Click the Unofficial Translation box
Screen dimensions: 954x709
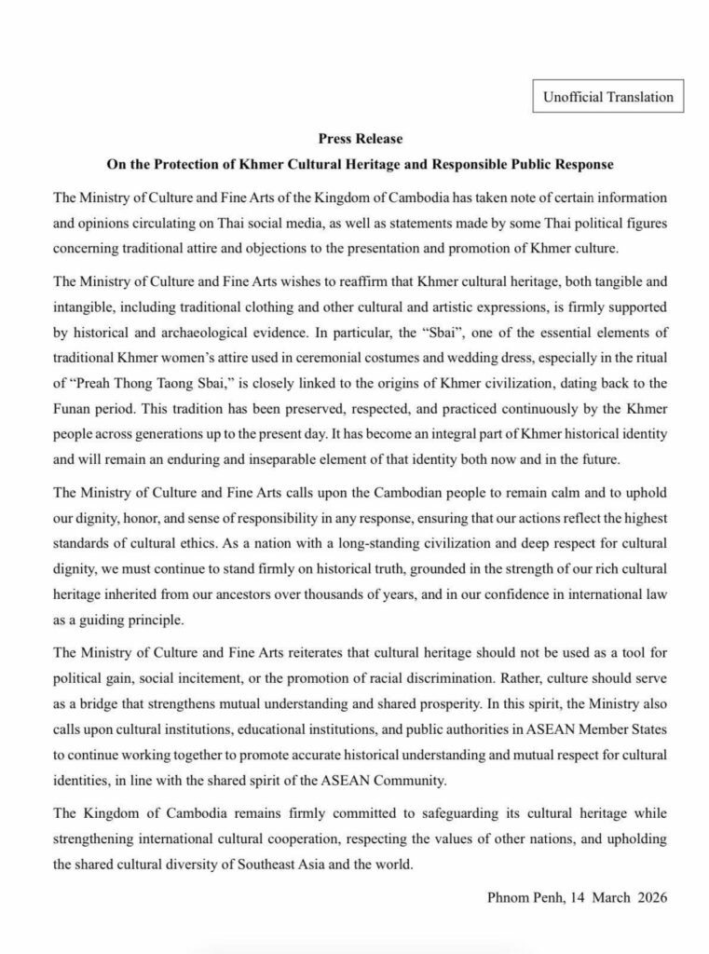coord(602,96)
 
